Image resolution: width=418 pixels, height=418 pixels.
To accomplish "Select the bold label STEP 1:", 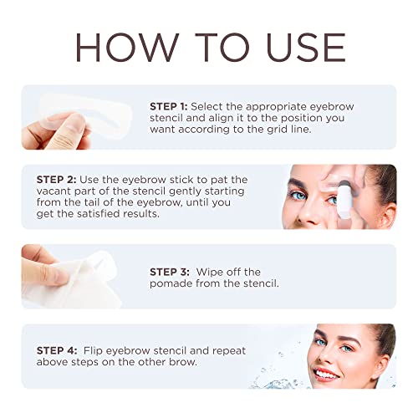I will [x=171, y=107].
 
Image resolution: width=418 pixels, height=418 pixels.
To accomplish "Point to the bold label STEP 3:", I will [x=171, y=272].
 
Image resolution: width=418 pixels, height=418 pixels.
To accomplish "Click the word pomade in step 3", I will [x=170, y=284].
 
